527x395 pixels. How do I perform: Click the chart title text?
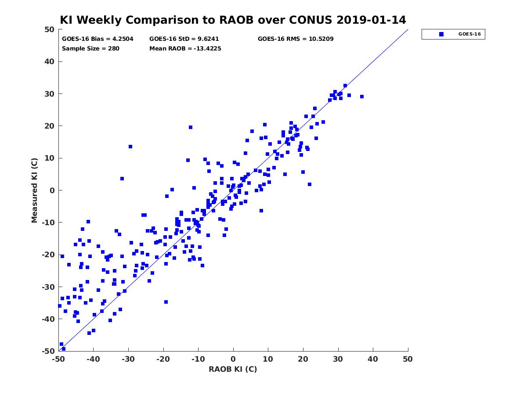click(233, 20)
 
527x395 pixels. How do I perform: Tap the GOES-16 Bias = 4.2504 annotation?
click(97, 39)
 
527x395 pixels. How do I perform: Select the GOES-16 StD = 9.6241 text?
click(184, 39)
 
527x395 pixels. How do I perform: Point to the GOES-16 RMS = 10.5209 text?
click(296, 39)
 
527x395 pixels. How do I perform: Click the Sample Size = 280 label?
click(90, 49)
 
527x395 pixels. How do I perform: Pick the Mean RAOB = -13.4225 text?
click(185, 49)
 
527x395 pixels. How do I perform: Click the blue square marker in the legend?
click(441, 34)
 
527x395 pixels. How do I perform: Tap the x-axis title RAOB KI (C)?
click(233, 369)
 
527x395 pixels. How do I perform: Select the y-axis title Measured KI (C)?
click(34, 190)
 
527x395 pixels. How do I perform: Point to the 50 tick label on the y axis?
click(50, 29)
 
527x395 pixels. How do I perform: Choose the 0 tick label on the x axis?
click(233, 359)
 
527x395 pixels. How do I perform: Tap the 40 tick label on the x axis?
click(373, 359)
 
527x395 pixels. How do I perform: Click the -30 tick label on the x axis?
click(128, 359)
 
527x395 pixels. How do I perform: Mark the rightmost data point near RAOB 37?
click(362, 97)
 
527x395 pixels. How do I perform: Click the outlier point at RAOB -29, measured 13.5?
click(130, 147)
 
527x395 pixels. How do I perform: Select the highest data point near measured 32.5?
click(345, 86)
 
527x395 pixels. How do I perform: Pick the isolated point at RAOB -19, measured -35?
click(166, 302)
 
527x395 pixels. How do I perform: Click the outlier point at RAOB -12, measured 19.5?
click(191, 127)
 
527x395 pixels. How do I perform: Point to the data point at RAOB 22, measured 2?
click(310, 184)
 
